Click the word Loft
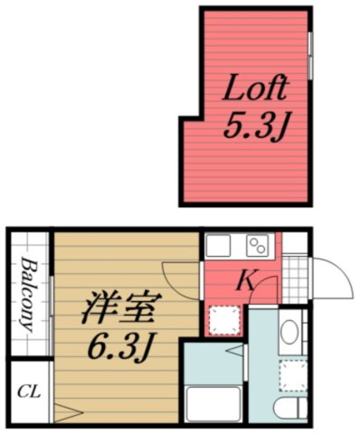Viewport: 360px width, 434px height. point(256,89)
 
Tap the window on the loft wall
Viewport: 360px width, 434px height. point(309,55)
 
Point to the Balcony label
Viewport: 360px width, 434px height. point(28,296)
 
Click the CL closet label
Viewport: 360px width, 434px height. point(29,392)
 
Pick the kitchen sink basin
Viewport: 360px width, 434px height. point(220,245)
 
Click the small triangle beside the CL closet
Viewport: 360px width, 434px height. point(62,411)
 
